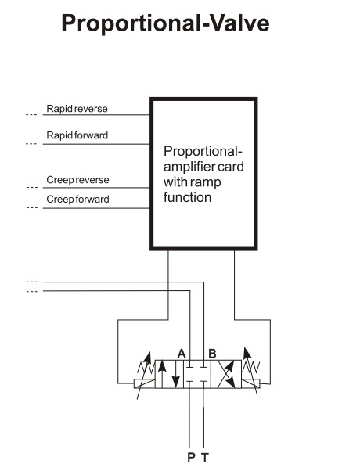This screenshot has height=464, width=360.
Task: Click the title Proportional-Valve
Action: [x=165, y=23]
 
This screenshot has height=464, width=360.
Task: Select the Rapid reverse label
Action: [x=77, y=109]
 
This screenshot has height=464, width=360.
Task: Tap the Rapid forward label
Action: [x=77, y=135]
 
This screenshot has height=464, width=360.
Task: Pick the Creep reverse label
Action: [x=77, y=180]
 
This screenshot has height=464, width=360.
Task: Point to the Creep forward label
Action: [x=77, y=200]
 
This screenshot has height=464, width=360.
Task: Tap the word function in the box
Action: [x=187, y=197]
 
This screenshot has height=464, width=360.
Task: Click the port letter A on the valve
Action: [x=182, y=354]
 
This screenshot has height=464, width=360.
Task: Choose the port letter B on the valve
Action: [x=212, y=354]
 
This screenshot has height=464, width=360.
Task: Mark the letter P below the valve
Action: [x=191, y=457]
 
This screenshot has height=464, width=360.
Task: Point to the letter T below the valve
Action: [x=205, y=457]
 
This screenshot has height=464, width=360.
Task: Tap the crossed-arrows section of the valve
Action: [x=226, y=374]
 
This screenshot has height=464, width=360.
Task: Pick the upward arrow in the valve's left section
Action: [x=162, y=374]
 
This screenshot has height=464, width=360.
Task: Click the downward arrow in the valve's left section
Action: [x=176, y=374]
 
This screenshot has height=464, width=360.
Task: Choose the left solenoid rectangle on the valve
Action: [x=145, y=383]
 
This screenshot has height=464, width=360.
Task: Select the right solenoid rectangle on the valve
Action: [x=250, y=383]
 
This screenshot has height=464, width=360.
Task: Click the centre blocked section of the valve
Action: [x=197, y=374]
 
